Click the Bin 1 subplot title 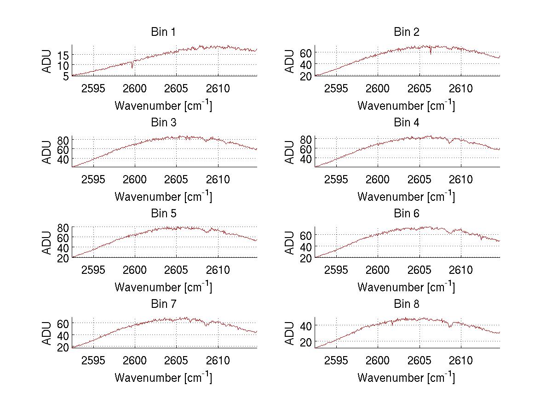click(x=163, y=32)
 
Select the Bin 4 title click(x=407, y=123)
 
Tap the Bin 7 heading click(x=163, y=304)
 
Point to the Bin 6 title click(x=407, y=214)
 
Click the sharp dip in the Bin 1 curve click(x=132, y=67)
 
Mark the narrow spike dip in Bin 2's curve click(x=431, y=53)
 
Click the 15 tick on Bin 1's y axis click(x=63, y=55)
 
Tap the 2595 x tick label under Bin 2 click(x=336, y=89)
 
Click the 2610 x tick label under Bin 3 click(x=218, y=179)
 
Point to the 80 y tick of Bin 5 click(x=63, y=227)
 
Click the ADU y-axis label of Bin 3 click(x=47, y=152)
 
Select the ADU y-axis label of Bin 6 click(x=290, y=243)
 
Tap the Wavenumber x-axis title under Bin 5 click(x=163, y=287)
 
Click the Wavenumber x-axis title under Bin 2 click(x=406, y=106)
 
